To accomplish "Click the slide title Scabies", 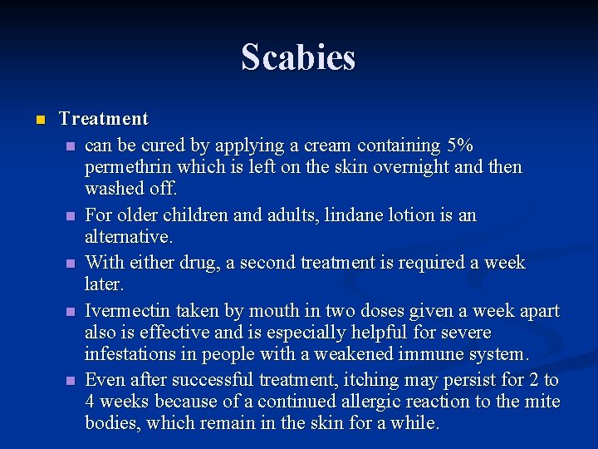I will pyautogui.click(x=298, y=57).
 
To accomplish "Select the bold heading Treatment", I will pyautogui.click(x=104, y=119).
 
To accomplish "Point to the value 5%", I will pyautogui.click(x=459, y=145).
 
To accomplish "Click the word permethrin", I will pyautogui.click(x=125, y=167).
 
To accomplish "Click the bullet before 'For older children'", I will pyautogui.click(x=70, y=216).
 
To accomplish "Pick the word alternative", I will pyautogui.click(x=128, y=238).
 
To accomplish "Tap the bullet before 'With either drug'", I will pyautogui.click(x=70, y=264).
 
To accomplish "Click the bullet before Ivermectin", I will pyautogui.click(x=70, y=312).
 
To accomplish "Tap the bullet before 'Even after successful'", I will pyautogui.click(x=70, y=381).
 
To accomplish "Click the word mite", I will pyautogui.click(x=544, y=402).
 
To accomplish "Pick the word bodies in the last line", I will pyautogui.click(x=112, y=423).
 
